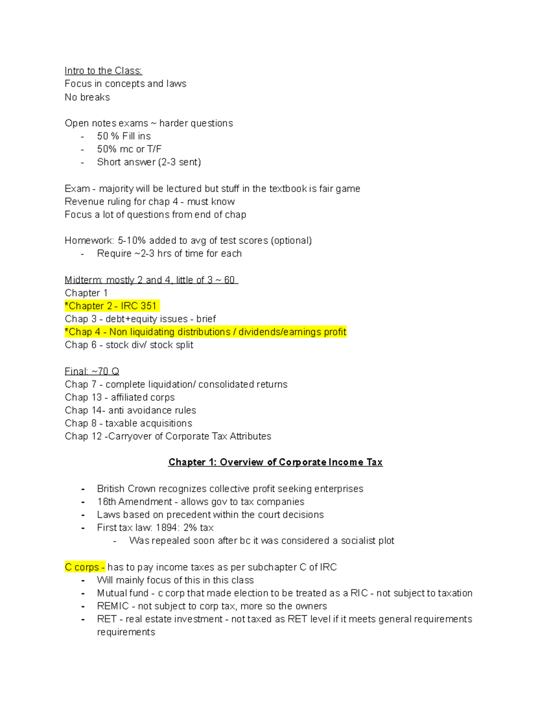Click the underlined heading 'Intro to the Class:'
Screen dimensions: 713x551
(x=103, y=71)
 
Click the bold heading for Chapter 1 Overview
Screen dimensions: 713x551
(x=275, y=462)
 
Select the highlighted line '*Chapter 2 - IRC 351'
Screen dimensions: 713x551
(x=112, y=306)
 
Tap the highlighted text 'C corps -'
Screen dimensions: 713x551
(x=85, y=567)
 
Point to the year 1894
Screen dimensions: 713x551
(x=167, y=528)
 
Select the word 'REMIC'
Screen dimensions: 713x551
(x=112, y=606)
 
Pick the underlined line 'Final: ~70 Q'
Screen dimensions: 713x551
(x=92, y=371)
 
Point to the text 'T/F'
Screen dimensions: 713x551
(x=154, y=149)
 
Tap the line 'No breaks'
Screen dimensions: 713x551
(x=87, y=97)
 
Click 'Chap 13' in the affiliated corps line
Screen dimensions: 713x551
(x=83, y=397)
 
